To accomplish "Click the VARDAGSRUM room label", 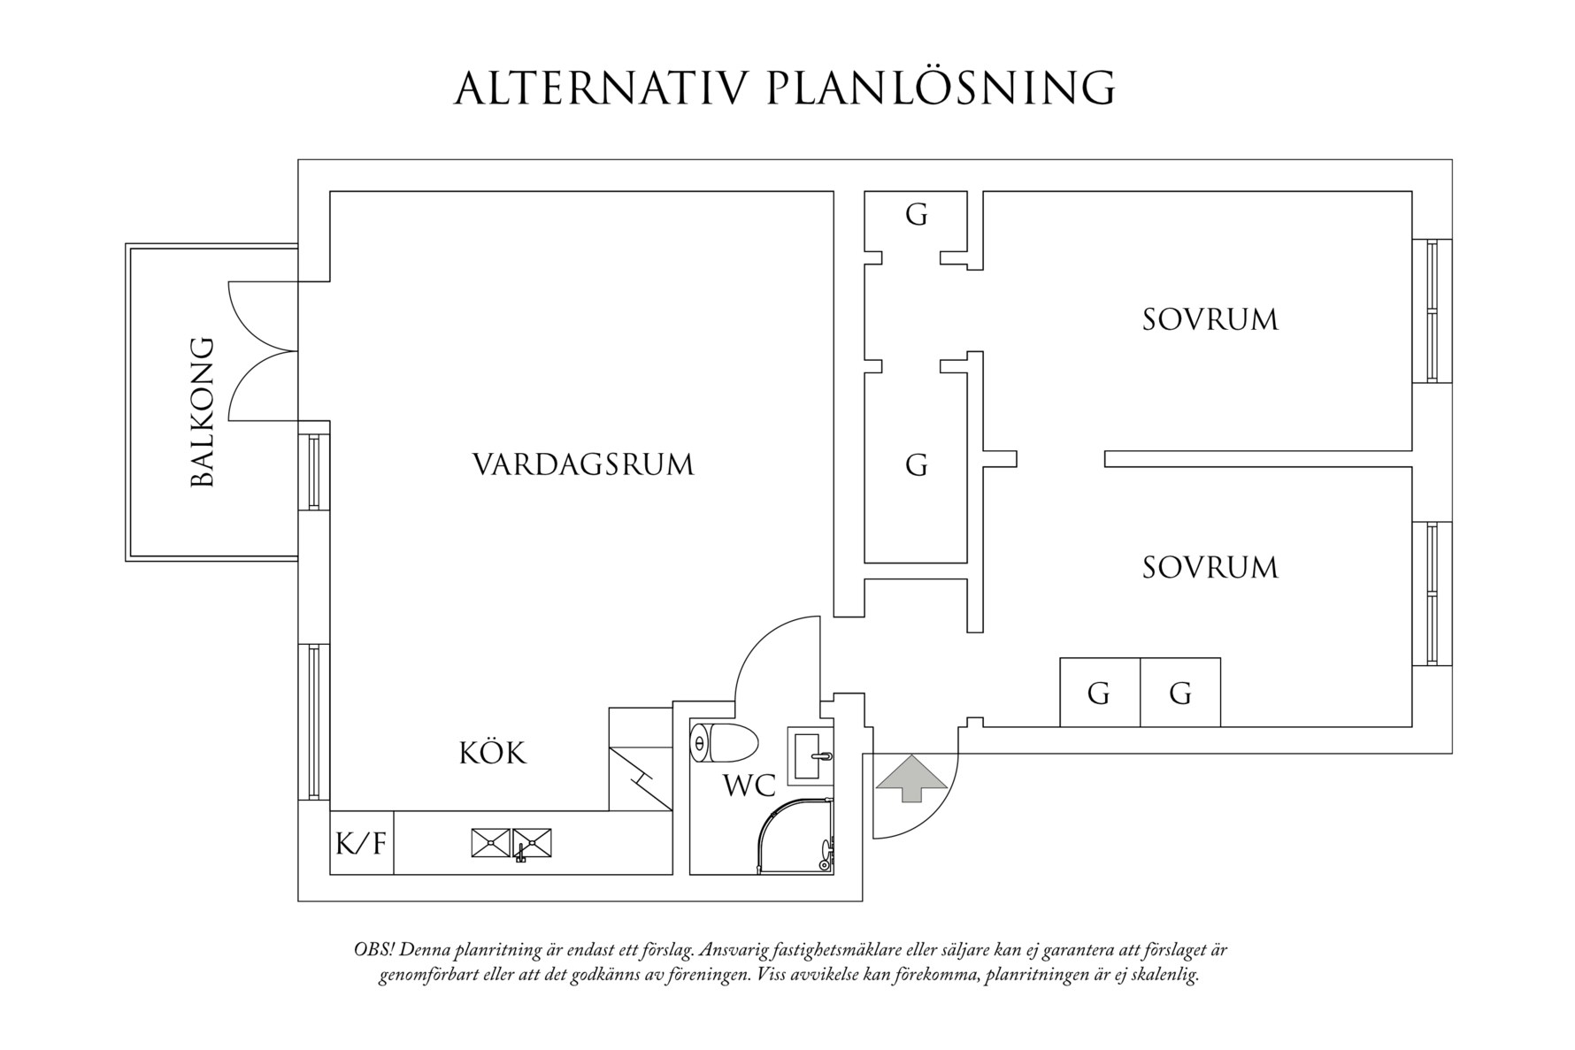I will pyautogui.click(x=583, y=464).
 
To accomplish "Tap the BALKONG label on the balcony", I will pyautogui.click(x=203, y=411).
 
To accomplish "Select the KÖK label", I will pyautogui.click(x=492, y=754).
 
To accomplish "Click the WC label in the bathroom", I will pyautogui.click(x=749, y=786).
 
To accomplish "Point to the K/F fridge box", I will pyautogui.click(x=361, y=843).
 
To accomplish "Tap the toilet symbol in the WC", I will pyautogui.click(x=724, y=743).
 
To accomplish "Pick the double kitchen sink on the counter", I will pyautogui.click(x=511, y=842).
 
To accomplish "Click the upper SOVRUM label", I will pyautogui.click(x=1210, y=319).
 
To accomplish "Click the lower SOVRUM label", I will pyautogui.click(x=1210, y=567).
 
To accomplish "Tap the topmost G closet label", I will pyautogui.click(x=917, y=214).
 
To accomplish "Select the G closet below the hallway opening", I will pyautogui.click(x=917, y=464).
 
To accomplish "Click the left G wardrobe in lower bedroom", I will pyautogui.click(x=1099, y=694).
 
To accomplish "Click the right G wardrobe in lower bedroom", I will pyautogui.click(x=1180, y=694).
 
